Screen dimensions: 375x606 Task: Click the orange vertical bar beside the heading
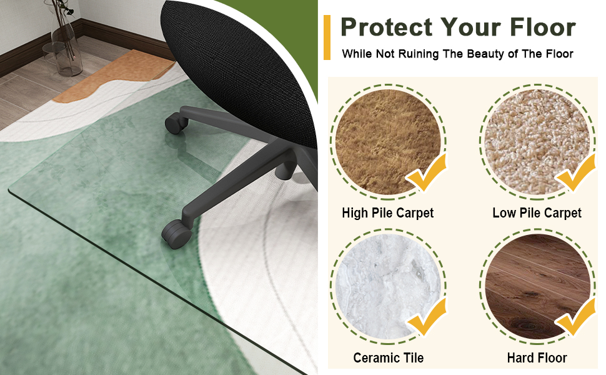click(x=327, y=38)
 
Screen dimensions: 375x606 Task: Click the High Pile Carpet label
click(x=387, y=213)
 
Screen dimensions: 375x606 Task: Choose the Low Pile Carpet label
click(x=537, y=213)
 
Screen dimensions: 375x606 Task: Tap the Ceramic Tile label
click(x=388, y=358)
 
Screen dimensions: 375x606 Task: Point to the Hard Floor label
click(x=537, y=358)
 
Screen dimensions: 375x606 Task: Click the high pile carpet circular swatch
click(x=384, y=144)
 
